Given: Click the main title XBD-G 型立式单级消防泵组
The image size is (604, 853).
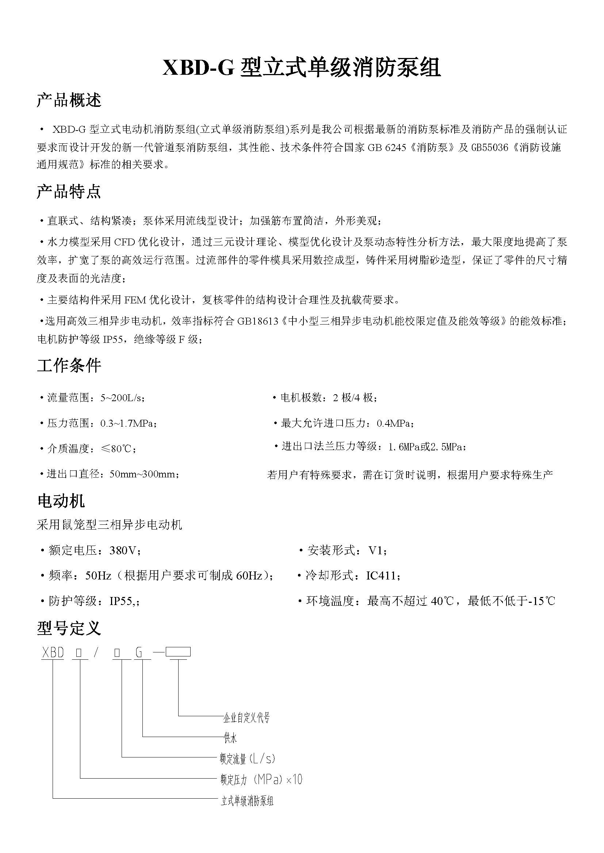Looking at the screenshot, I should click(302, 68).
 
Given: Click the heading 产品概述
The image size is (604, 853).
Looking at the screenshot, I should click(69, 100).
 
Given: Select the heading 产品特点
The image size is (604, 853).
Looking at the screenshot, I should click(69, 191).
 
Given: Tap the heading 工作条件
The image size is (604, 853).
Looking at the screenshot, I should click(69, 365).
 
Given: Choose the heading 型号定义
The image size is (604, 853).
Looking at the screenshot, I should click(69, 628).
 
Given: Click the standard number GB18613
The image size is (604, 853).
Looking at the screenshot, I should click(258, 321).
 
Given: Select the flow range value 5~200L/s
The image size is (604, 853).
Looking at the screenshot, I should click(122, 398).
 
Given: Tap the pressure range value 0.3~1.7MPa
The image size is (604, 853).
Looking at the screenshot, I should click(127, 423).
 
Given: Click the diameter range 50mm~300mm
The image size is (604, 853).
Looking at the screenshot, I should click(144, 474).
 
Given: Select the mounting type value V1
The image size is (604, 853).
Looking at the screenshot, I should click(377, 550).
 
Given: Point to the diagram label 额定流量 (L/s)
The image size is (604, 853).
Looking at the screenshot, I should click(248, 759).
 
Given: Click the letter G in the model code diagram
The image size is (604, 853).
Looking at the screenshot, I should click(139, 653).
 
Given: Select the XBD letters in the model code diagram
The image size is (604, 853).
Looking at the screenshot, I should click(53, 653).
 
